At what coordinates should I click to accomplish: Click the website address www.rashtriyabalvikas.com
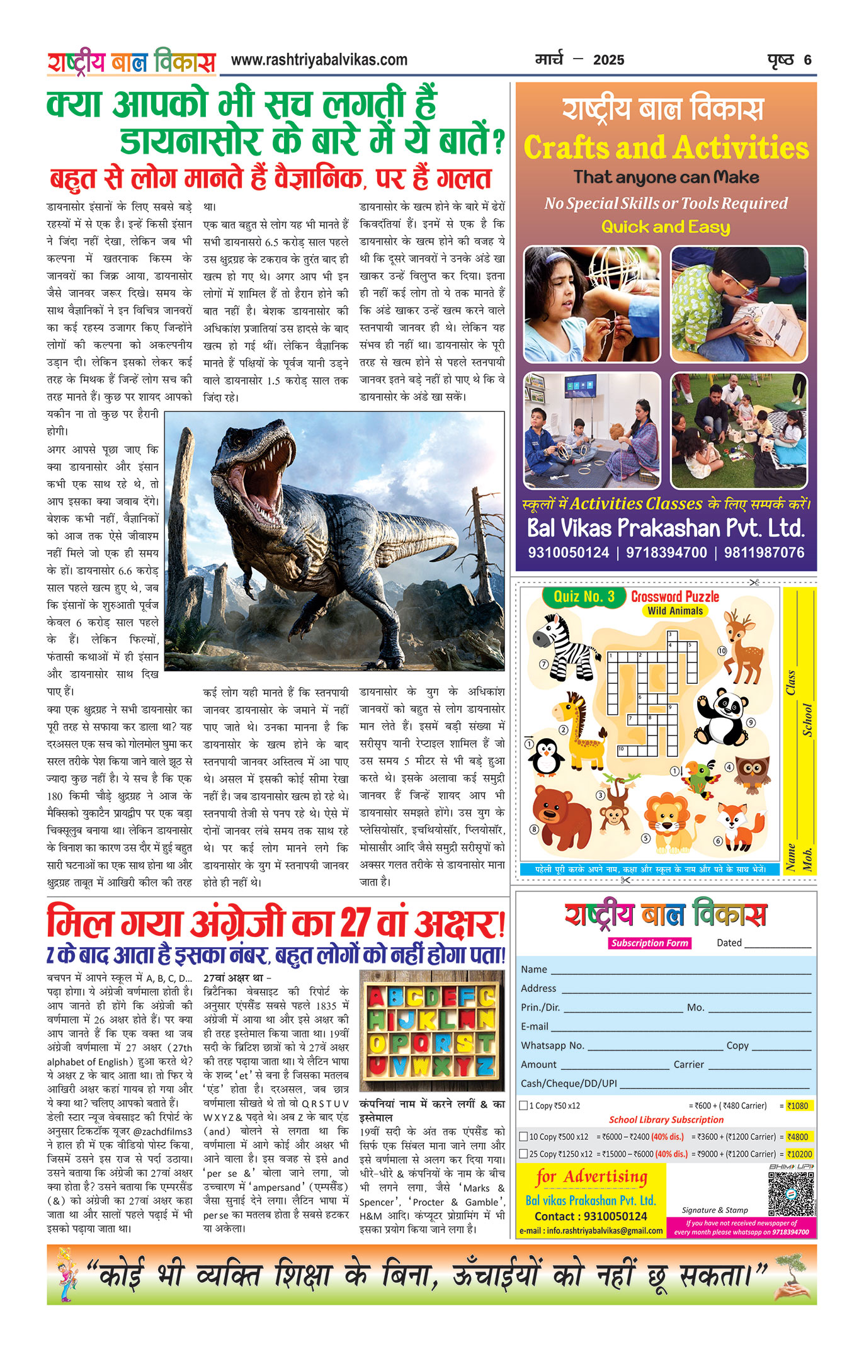click(319, 60)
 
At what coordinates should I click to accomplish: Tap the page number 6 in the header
click(807, 60)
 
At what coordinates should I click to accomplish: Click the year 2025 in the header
click(608, 60)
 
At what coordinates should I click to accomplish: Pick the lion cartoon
click(668, 819)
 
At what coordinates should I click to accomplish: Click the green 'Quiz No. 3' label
click(584, 596)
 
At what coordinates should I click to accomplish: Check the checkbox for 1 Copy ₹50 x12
click(523, 1105)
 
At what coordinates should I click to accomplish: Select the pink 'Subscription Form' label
click(649, 943)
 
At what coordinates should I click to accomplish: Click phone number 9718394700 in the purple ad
click(666, 552)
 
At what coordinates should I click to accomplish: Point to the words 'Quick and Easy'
click(666, 227)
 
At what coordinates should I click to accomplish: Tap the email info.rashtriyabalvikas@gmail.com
click(591, 1230)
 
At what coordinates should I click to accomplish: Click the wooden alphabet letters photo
click(431, 1031)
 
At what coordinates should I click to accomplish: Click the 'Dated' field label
click(729, 943)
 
